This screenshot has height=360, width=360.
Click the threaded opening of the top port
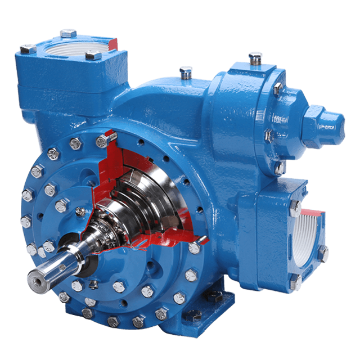coord(80,48)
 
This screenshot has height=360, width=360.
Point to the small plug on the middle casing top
coord(185,72)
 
